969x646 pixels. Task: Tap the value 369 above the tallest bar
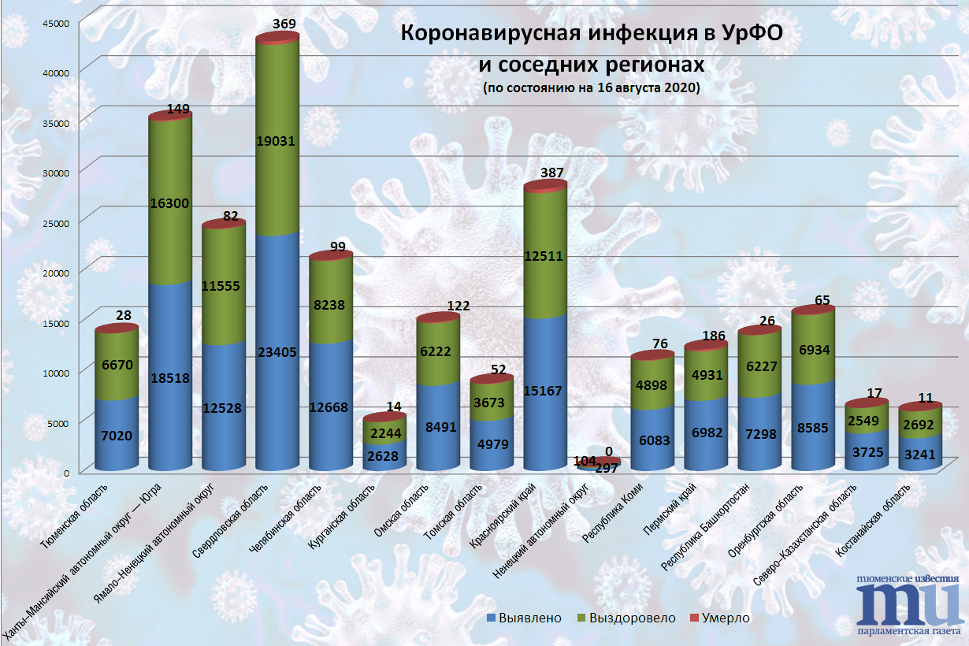point(284,24)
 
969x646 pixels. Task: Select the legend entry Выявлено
point(525,618)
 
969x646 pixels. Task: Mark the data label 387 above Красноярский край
point(552,173)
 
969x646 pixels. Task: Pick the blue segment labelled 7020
point(116,434)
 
